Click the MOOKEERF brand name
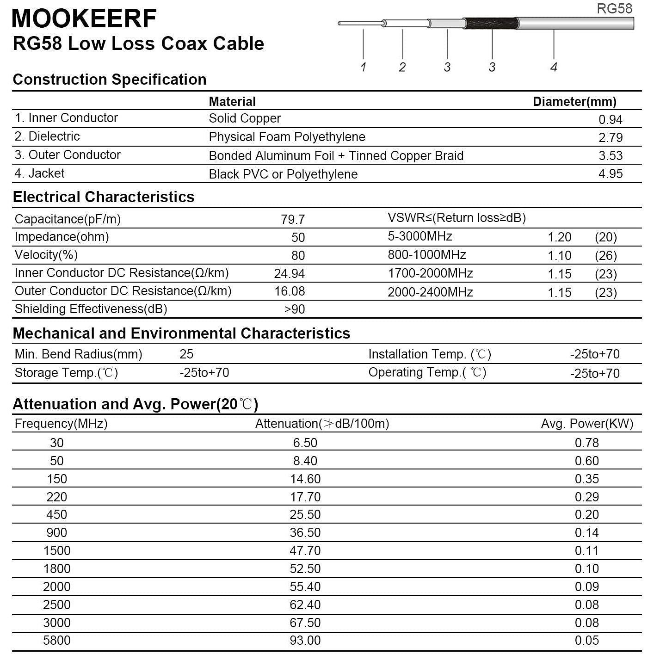pyautogui.click(x=84, y=19)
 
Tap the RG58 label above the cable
pyautogui.click(x=614, y=8)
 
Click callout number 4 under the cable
pyautogui.click(x=554, y=67)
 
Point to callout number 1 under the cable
pyautogui.click(x=364, y=67)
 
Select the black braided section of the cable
pyautogui.click(x=490, y=23)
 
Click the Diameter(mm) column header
pyautogui.click(x=574, y=102)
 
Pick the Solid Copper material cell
pyautogui.click(x=245, y=118)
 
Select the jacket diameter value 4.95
pyautogui.click(x=611, y=174)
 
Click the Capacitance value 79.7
pyautogui.click(x=292, y=219)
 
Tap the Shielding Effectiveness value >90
pyautogui.click(x=294, y=309)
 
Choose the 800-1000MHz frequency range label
pyautogui.click(x=426, y=255)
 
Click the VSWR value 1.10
pyautogui.click(x=559, y=256)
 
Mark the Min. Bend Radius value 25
pyautogui.click(x=186, y=354)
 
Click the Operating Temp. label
pyautogui.click(x=427, y=373)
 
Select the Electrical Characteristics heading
pyautogui.click(x=104, y=197)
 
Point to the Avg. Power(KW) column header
pyautogui.click(x=587, y=424)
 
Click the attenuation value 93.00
pyautogui.click(x=305, y=641)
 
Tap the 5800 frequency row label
pyautogui.click(x=56, y=641)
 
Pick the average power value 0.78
pyautogui.click(x=586, y=443)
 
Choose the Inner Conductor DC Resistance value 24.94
pyautogui.click(x=289, y=274)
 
